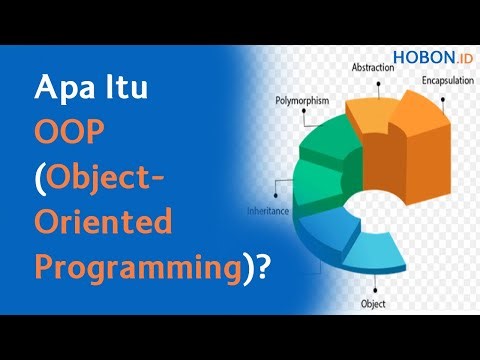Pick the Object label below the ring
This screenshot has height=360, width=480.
pos(374,301)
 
